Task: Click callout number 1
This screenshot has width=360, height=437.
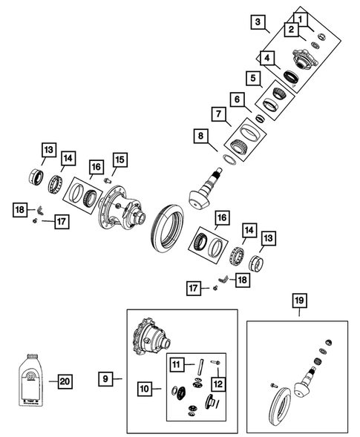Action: click(299, 17)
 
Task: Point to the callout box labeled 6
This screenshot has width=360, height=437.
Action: click(236, 99)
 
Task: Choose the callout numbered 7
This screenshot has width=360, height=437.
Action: click(218, 114)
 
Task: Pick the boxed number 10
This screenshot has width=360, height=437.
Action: click(144, 387)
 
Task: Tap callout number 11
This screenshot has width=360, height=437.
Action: click(177, 364)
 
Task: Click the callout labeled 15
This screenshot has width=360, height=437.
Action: click(120, 160)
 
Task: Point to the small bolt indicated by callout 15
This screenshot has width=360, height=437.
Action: click(108, 181)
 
